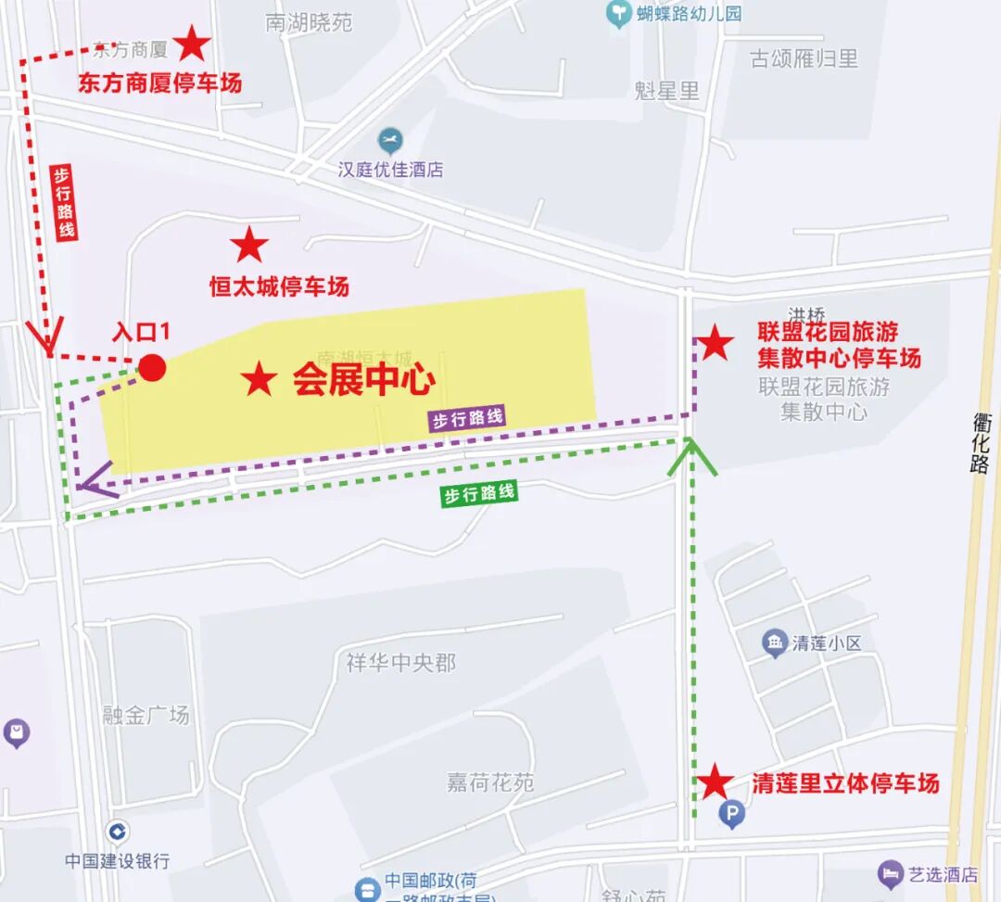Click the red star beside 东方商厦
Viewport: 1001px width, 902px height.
(192, 44)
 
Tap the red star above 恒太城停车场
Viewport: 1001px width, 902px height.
(248, 246)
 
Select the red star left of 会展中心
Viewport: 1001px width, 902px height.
(259, 379)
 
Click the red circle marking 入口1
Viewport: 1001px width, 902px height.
(152, 368)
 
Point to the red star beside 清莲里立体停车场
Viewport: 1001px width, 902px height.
(714, 782)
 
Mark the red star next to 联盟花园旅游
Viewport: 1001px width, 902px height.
(715, 344)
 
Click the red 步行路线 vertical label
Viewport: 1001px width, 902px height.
(63, 203)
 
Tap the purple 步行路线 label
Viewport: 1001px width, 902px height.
(468, 418)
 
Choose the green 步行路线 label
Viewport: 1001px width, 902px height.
(478, 494)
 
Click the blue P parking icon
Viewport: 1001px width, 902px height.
(731, 815)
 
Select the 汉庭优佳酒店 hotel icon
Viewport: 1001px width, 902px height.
(390, 142)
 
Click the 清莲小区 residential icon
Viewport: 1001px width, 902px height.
(775, 642)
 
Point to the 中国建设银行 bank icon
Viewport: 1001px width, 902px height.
(117, 831)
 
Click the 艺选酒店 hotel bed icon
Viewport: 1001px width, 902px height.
(891, 873)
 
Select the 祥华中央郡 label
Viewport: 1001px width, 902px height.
(401, 664)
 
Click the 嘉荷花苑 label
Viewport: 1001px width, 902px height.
(490, 782)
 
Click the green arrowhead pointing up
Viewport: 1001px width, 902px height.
(691, 455)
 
